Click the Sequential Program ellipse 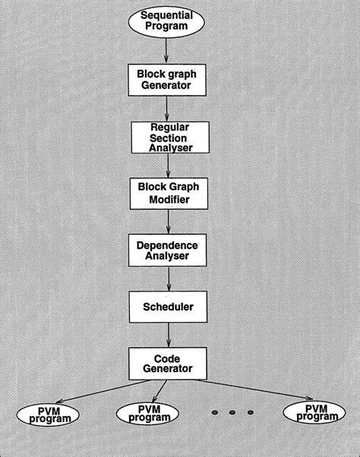coord(166,22)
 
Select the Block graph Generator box coord(167,80)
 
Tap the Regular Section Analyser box coord(170,137)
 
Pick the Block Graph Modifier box coord(169,194)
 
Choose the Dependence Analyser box coord(168,251)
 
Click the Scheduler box coord(168,307)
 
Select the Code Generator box coord(168,364)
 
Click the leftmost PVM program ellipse coord(48,415)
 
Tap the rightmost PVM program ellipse coord(314,412)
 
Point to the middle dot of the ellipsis coord(232,412)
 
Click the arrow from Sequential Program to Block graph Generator coord(166,50)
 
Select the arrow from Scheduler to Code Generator coord(169,335)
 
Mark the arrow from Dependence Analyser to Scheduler coord(169,279)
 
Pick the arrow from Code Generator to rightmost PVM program coord(254,389)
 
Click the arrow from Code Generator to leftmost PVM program coord(103,392)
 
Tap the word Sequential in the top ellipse coord(167,15)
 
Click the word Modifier coord(169,200)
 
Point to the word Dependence coord(167,245)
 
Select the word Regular coord(169,127)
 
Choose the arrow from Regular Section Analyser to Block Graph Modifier coord(168,165)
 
